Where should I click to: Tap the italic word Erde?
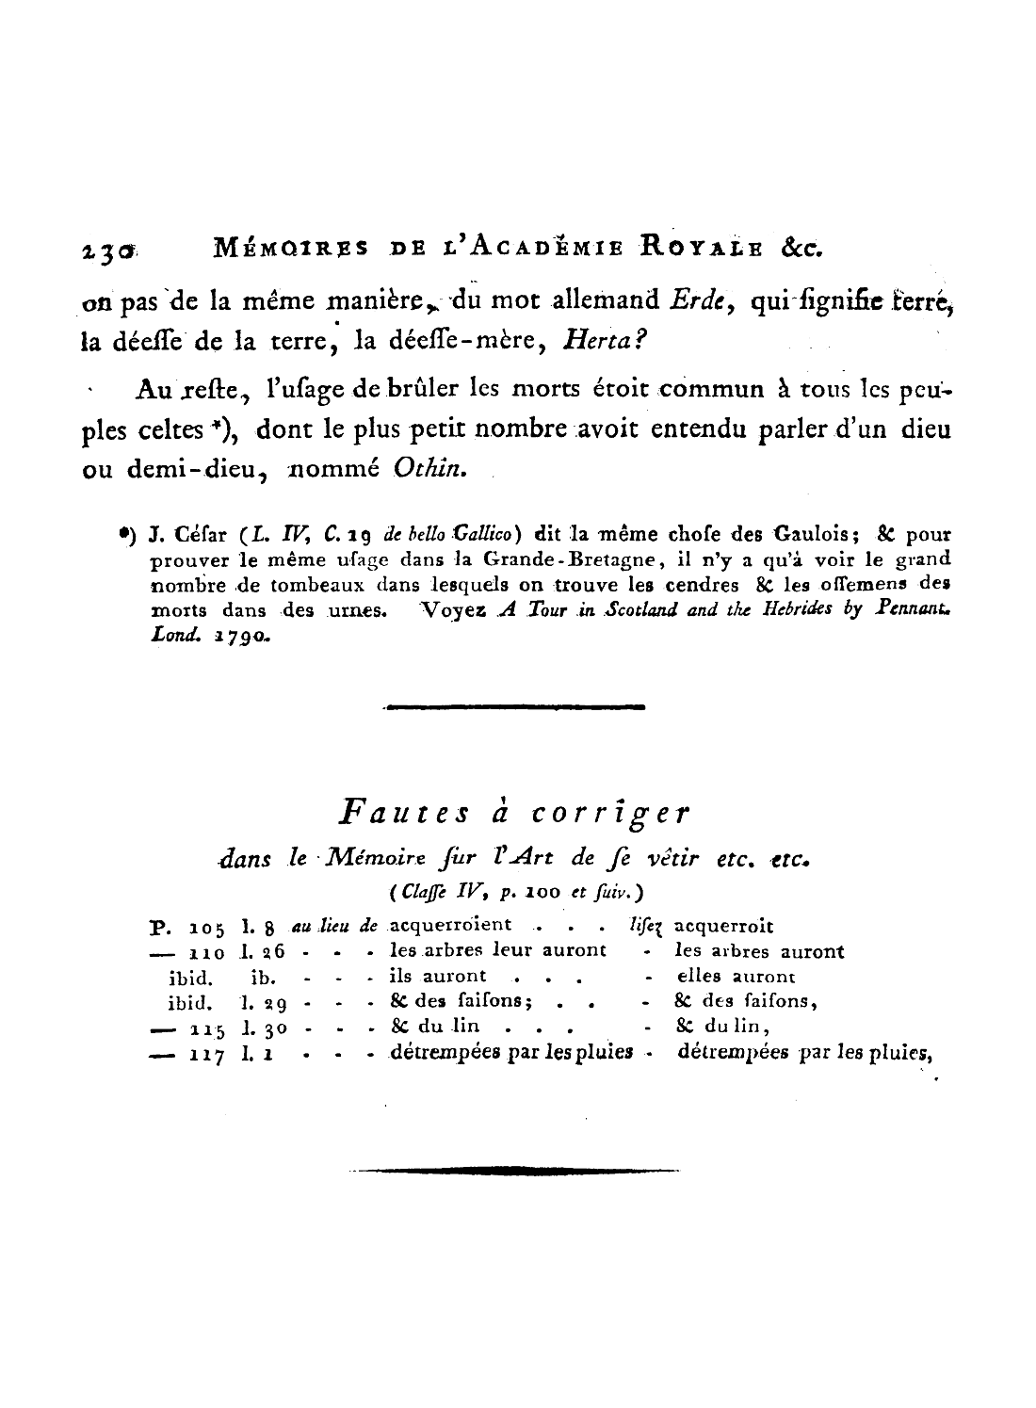[x=698, y=303]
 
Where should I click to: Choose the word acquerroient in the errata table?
[x=451, y=926]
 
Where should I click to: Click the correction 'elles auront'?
[x=736, y=977]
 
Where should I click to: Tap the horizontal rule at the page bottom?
[x=515, y=1172]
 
